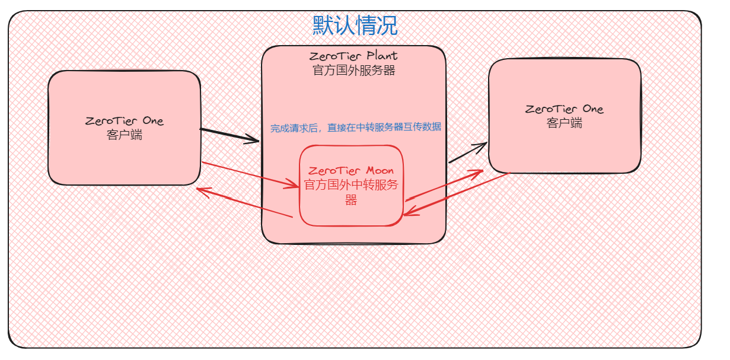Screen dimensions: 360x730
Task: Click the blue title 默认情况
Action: pos(355,26)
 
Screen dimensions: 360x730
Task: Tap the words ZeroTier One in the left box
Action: pos(124,121)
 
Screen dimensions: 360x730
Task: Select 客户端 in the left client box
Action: pos(125,135)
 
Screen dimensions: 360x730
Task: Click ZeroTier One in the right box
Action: pos(564,109)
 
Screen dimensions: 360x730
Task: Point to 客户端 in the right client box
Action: pos(564,123)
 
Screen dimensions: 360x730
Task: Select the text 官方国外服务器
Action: pos(353,71)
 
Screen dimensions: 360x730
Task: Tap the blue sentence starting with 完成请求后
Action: pos(356,128)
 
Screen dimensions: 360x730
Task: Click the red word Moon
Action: pos(380,171)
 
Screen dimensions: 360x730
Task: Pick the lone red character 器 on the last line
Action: pos(351,200)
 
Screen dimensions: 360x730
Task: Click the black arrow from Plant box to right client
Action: pos(467,153)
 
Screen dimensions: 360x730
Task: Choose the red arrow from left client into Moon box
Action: pos(249,174)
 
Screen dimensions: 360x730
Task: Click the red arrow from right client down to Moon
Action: pos(460,193)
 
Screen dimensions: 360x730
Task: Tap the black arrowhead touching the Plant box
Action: pos(254,141)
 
